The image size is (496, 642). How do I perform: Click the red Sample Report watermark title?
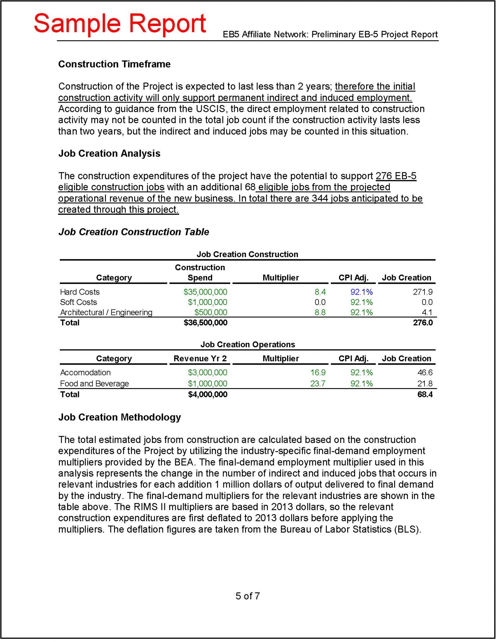tap(120, 24)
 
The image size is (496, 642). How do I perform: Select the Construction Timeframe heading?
tap(114, 64)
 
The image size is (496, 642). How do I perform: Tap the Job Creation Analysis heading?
tap(109, 153)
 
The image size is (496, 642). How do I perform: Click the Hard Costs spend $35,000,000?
tap(205, 292)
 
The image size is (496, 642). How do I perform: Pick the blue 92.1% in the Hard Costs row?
tap(361, 292)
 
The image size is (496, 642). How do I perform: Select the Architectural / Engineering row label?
tap(106, 312)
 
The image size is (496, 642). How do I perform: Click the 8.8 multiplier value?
tap(320, 312)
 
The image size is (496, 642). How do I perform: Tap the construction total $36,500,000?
tap(205, 323)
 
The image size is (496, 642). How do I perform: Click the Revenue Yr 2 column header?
tap(200, 358)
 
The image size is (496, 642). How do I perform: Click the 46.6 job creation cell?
tap(425, 372)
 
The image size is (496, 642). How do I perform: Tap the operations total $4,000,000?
tap(207, 394)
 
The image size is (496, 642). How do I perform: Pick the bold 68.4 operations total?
tap(425, 394)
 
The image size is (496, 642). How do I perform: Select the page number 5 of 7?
tap(248, 596)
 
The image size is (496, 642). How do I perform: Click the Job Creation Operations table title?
tap(248, 344)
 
